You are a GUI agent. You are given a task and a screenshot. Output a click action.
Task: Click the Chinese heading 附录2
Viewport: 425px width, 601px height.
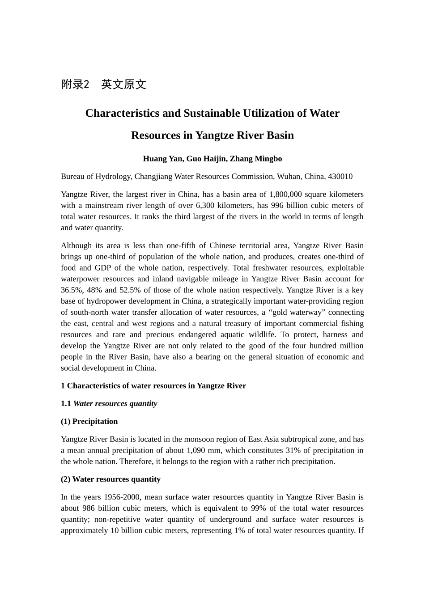pyautogui.click(x=75, y=85)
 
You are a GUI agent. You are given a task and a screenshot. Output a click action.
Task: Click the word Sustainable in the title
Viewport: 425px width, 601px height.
pyautogui.click(x=210, y=113)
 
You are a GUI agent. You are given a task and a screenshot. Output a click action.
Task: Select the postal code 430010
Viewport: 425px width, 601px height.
pyautogui.click(x=340, y=177)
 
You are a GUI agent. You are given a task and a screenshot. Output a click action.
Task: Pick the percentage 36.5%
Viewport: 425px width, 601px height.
pyautogui.click(x=70, y=290)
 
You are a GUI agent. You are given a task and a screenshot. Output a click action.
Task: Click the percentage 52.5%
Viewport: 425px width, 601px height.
pyautogui.click(x=130, y=290)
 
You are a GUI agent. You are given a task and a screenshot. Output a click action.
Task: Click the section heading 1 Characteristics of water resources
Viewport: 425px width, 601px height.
pyautogui.click(x=153, y=386)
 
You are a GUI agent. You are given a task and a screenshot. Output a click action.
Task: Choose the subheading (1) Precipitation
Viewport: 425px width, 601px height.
pyautogui.click(x=89, y=422)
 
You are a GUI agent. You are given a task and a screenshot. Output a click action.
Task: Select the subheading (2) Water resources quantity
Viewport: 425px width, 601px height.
pyautogui.click(x=110, y=479)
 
